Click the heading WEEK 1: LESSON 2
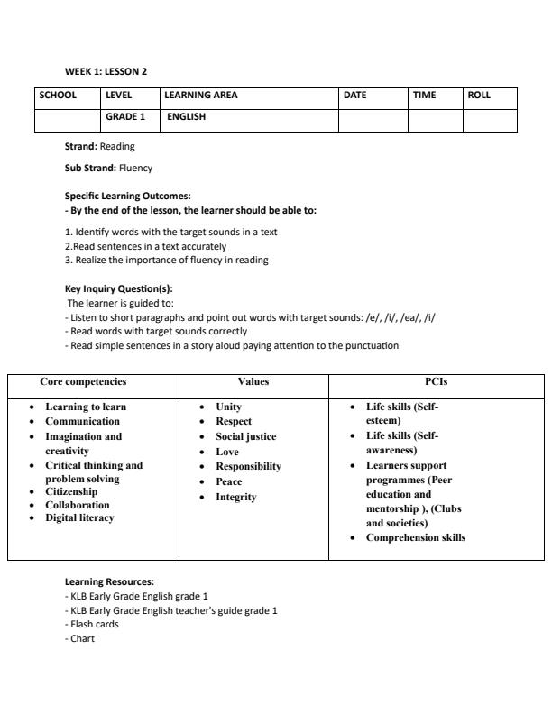point(106,70)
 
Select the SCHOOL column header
point(57,95)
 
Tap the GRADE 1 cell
point(125,116)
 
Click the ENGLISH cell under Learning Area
point(186,116)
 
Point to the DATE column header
point(354,95)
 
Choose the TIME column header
point(424,95)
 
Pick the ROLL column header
point(479,95)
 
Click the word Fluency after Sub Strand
point(135,168)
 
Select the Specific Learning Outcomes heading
point(127,196)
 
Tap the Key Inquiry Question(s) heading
point(118,289)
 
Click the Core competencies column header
point(83,382)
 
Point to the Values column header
point(253,382)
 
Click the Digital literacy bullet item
point(79,518)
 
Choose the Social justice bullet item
point(245,437)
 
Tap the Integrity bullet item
point(235,498)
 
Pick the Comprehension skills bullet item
point(415,538)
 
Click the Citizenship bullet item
point(71,492)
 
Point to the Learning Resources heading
point(109,582)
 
